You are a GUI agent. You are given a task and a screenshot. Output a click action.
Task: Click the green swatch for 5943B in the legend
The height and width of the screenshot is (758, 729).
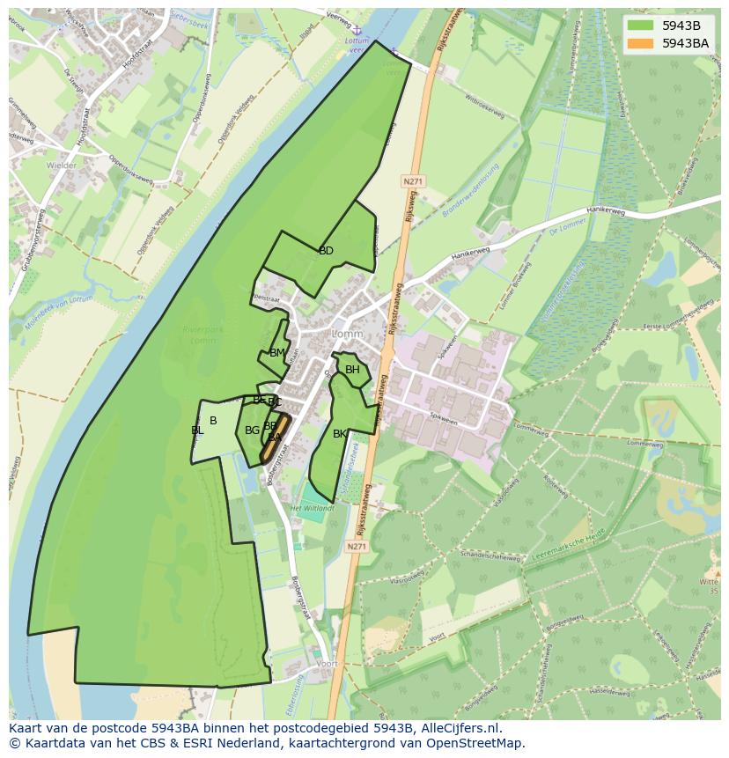[x=641, y=26]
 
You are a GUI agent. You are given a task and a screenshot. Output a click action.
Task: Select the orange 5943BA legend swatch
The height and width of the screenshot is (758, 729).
[x=641, y=43]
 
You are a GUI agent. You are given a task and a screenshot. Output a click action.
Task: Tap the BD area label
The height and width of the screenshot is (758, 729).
[x=326, y=251]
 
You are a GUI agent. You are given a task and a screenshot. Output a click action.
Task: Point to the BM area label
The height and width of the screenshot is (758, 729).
[x=277, y=353]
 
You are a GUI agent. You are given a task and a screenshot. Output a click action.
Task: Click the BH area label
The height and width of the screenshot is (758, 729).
[x=352, y=370]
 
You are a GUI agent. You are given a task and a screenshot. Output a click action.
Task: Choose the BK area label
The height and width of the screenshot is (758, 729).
[x=340, y=434]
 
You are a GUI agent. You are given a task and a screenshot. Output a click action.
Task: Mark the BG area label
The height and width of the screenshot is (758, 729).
[x=252, y=431]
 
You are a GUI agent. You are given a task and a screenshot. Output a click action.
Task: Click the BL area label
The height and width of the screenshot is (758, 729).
[x=196, y=431]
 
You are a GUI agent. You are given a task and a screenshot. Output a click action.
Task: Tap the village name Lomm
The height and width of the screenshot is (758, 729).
[x=347, y=335]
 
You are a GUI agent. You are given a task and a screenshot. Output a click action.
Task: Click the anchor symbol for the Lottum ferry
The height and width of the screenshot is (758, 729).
[x=359, y=31]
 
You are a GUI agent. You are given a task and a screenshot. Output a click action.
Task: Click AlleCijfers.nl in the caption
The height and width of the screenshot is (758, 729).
[x=459, y=728]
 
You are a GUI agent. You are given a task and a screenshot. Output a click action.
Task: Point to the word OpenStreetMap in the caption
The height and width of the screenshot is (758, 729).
[x=476, y=743]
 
